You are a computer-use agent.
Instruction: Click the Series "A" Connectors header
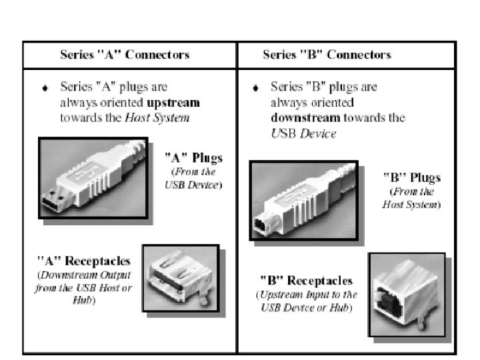(125, 54)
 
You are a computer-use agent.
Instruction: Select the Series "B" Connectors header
(327, 54)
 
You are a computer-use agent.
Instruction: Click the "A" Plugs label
(193, 159)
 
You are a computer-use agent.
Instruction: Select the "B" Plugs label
(411, 178)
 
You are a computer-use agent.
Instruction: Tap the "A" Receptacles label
(83, 260)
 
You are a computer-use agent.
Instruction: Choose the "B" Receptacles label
(306, 281)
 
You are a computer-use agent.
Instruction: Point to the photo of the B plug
(303, 199)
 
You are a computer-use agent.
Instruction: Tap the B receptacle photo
(406, 294)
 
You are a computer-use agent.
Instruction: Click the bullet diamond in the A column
(45, 88)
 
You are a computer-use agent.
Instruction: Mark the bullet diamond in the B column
(255, 88)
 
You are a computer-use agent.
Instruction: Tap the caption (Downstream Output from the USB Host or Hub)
(83, 287)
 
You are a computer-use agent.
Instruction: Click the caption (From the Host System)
(411, 198)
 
